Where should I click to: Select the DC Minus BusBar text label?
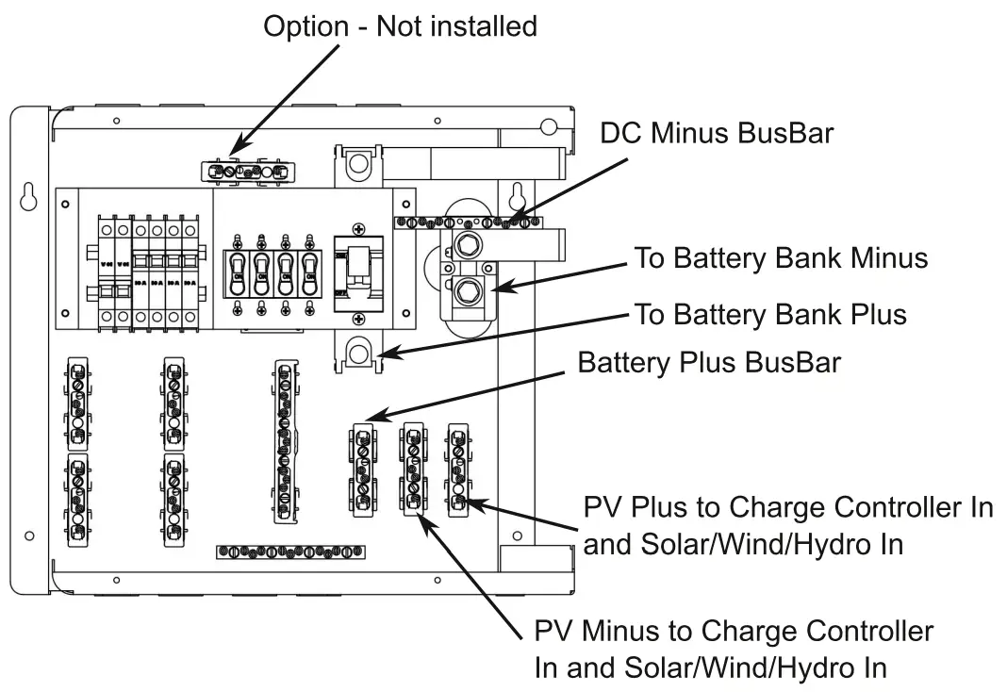[717, 134]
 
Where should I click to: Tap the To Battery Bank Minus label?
[782, 257]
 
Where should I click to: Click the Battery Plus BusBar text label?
[708, 362]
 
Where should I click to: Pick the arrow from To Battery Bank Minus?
[557, 274]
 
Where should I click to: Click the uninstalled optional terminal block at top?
[247, 172]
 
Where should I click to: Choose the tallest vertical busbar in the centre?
[284, 441]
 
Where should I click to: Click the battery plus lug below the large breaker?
[358, 354]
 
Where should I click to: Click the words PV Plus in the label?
[631, 508]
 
